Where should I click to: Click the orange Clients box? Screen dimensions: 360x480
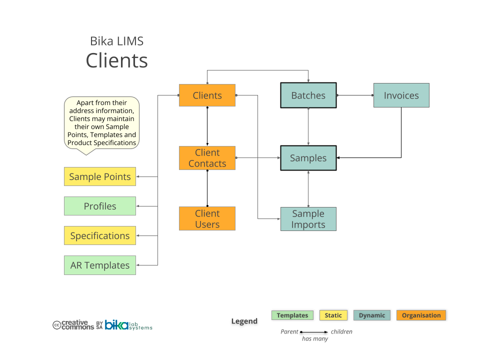click(207, 95)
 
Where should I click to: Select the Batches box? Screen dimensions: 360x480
click(308, 95)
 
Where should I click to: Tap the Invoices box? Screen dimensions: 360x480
click(401, 95)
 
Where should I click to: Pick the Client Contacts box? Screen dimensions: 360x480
click(207, 158)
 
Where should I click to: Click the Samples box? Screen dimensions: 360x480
click(308, 158)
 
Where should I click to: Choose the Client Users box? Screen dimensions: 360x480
click(207, 219)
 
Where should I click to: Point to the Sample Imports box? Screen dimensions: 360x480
click(308, 219)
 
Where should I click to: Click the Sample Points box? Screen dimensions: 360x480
click(100, 176)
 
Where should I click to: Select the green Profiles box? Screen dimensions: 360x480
click(100, 206)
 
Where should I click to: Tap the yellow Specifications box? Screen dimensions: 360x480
click(100, 235)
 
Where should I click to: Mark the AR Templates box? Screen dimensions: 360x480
click(100, 265)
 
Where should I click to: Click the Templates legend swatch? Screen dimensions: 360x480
click(292, 315)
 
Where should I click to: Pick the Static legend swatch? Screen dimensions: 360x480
click(333, 315)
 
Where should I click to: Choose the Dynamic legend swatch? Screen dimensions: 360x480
click(372, 315)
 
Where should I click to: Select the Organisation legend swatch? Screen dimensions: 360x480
click(421, 315)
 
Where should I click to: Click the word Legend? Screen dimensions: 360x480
click(244, 321)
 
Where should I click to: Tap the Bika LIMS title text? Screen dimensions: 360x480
click(116, 41)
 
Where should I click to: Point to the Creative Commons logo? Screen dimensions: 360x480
click(74, 325)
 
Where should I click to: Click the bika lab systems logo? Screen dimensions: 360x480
click(128, 325)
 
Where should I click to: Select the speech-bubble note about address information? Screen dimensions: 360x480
click(102, 123)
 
